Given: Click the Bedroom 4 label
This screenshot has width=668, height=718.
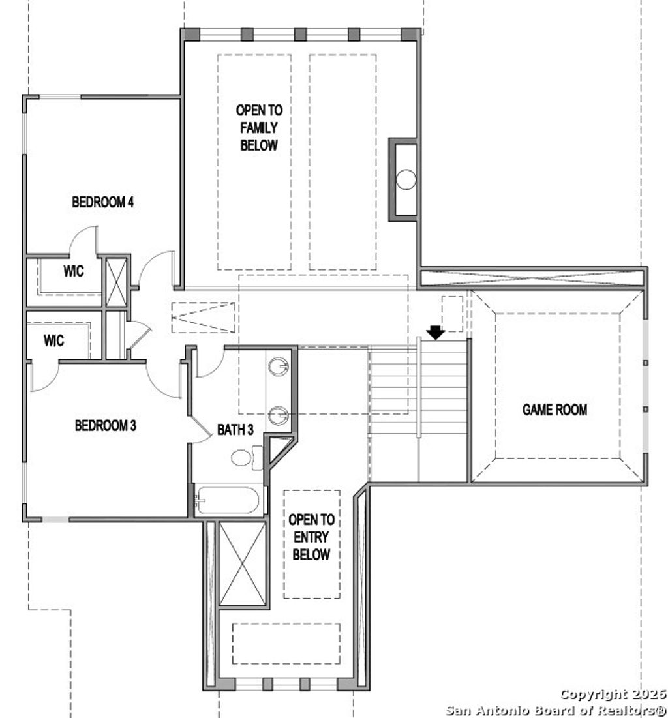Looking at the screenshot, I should click(x=102, y=202).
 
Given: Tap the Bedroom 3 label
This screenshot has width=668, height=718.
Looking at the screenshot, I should click(x=105, y=426).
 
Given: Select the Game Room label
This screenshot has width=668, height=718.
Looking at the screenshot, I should click(x=554, y=410).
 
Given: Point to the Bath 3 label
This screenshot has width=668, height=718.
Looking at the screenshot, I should click(x=235, y=430).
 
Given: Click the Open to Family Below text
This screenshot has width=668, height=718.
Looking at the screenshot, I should click(x=259, y=128).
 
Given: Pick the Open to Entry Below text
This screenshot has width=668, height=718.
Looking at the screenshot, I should click(x=311, y=537).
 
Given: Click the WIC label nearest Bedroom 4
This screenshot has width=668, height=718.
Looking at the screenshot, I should click(x=73, y=272).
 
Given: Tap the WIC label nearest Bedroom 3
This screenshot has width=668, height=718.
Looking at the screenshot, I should click(x=53, y=340).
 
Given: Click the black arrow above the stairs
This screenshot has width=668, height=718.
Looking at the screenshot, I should click(x=435, y=333).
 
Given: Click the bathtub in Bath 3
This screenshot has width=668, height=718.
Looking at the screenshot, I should click(x=228, y=501).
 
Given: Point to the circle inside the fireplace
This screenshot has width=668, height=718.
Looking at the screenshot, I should click(x=406, y=178).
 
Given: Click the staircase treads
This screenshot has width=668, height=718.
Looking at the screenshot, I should click(x=417, y=391).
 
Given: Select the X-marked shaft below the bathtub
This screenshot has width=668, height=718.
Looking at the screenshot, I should click(x=242, y=563).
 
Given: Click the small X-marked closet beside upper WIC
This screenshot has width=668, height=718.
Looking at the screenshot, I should click(x=115, y=282).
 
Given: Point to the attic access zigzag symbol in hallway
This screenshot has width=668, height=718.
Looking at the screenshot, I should click(x=203, y=318).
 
